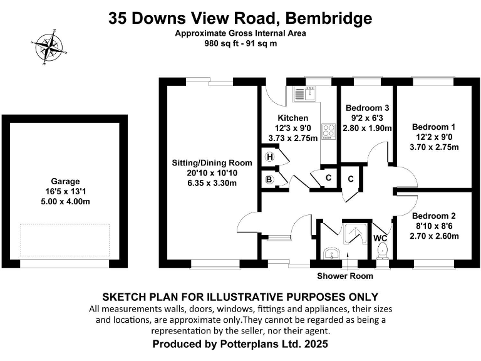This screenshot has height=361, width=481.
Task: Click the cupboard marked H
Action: click(270, 157)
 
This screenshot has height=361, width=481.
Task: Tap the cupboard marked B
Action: click(270, 179)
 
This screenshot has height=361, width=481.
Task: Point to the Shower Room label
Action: click(344, 276)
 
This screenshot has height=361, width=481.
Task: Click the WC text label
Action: click(381, 238)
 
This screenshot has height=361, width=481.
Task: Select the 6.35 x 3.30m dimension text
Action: click(204, 183)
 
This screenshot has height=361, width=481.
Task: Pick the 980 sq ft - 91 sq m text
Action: click(240, 44)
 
